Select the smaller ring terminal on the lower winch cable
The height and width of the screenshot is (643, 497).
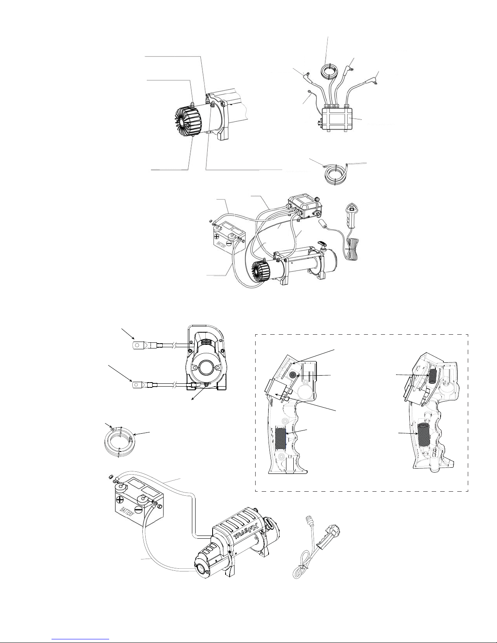137,384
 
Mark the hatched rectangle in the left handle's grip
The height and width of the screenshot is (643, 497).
280,439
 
